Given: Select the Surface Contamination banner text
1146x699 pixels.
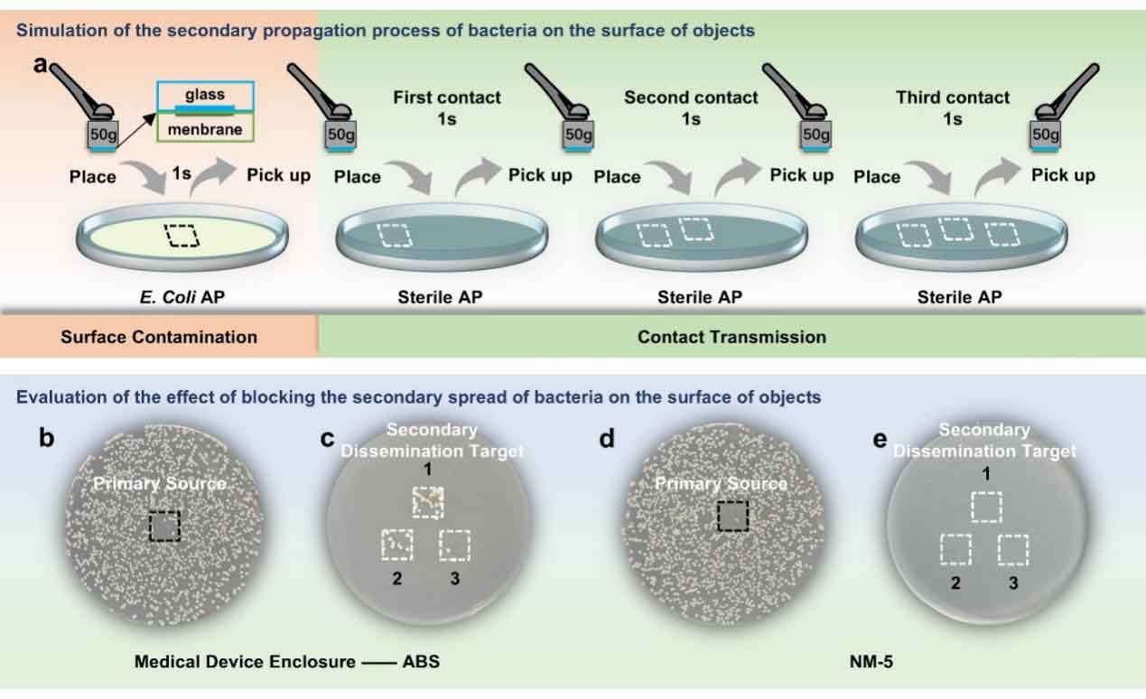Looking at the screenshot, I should [159, 337].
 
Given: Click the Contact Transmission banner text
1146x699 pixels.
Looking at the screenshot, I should [731, 337].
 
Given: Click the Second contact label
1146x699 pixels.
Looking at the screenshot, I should [691, 98].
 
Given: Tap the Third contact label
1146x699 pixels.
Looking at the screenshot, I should [953, 98].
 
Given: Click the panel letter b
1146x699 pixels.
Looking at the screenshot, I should [46, 439].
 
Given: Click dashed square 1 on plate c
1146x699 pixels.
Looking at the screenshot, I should [428, 502].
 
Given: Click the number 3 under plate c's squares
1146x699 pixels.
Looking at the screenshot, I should [454, 578].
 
